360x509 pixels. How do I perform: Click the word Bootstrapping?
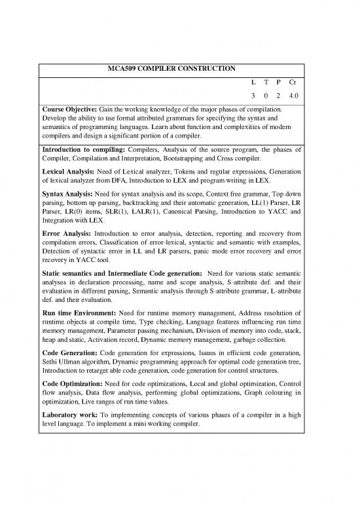coord(205,159)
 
